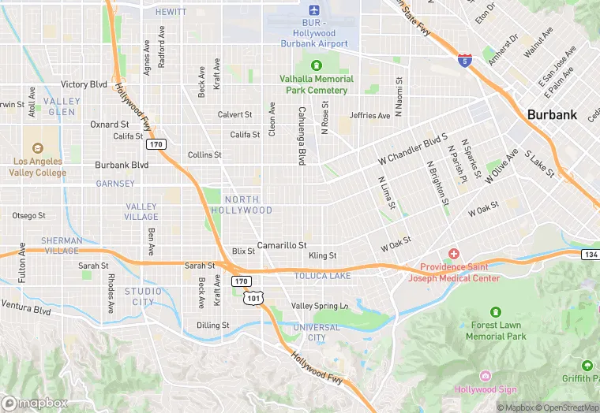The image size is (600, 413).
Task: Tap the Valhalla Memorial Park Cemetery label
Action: [x=313, y=84]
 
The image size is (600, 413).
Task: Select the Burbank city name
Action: [x=552, y=114]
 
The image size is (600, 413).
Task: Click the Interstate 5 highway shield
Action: [x=467, y=59]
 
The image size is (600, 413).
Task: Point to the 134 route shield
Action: [x=591, y=254]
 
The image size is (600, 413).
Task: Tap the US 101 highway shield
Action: [x=253, y=298]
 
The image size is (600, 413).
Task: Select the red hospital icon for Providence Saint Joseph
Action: [x=453, y=254]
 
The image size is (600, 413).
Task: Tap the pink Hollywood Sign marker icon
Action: [x=485, y=375]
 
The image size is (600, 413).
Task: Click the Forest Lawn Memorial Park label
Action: [x=495, y=330]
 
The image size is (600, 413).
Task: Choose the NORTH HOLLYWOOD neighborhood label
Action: [x=247, y=205]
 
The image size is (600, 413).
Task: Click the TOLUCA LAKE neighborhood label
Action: [x=322, y=276]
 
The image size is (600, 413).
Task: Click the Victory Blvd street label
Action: [x=84, y=84]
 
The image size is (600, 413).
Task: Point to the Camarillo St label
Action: [x=282, y=246]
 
